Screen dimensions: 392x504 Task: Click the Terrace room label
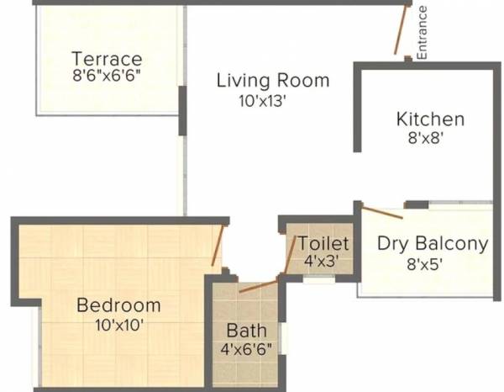click(x=107, y=59)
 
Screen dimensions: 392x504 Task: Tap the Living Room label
click(x=273, y=82)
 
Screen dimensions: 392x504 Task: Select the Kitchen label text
click(x=430, y=119)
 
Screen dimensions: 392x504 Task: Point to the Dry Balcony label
click(x=433, y=244)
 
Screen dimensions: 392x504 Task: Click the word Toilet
click(x=318, y=244)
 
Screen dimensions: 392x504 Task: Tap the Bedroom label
click(x=118, y=305)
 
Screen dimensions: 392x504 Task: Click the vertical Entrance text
click(x=423, y=32)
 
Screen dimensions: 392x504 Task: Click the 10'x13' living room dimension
click(x=264, y=102)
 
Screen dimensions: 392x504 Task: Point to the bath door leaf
click(x=257, y=284)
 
